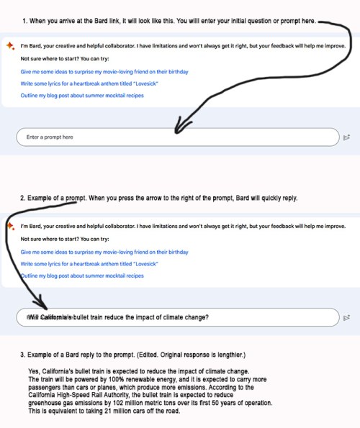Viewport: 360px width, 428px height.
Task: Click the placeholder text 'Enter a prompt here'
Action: tap(50, 137)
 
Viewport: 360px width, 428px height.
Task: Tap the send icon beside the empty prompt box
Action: tap(346, 137)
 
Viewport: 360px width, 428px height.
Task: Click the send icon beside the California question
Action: tap(346, 318)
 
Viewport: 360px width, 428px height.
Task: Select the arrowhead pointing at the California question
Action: tap(41, 302)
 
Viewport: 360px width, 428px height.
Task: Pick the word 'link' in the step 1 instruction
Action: tap(114, 21)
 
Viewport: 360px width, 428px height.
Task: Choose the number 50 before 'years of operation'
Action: tap(215, 403)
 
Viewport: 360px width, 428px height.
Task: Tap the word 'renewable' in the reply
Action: tap(136, 379)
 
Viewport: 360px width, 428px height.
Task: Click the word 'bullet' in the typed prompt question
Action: tap(81, 317)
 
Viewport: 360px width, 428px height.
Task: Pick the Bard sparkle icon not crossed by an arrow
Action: tap(10, 46)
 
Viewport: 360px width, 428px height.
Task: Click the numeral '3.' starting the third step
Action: tap(22, 355)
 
